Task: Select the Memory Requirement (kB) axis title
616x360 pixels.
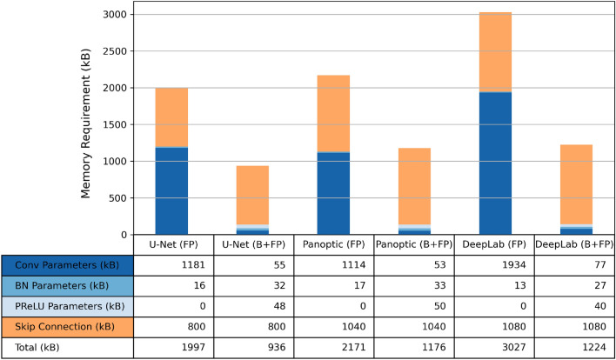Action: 88,125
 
